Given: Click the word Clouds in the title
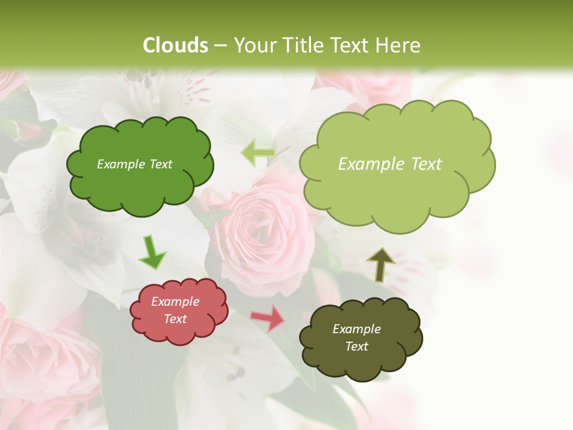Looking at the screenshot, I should (x=175, y=45).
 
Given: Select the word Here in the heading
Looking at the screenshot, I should (x=399, y=45).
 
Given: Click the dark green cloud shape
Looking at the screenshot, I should (x=140, y=179).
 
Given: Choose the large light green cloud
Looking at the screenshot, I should (x=397, y=185).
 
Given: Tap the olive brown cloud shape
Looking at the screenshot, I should (x=361, y=358).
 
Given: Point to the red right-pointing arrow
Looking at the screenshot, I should (x=268, y=317).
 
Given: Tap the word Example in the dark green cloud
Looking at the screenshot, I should (x=119, y=164).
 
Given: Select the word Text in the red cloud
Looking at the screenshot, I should (x=175, y=319).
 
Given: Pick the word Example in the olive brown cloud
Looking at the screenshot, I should (x=356, y=329).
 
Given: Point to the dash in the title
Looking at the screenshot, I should (x=220, y=45).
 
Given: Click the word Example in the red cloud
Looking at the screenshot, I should (x=175, y=302).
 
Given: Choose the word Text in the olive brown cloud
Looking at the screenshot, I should (x=356, y=346).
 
